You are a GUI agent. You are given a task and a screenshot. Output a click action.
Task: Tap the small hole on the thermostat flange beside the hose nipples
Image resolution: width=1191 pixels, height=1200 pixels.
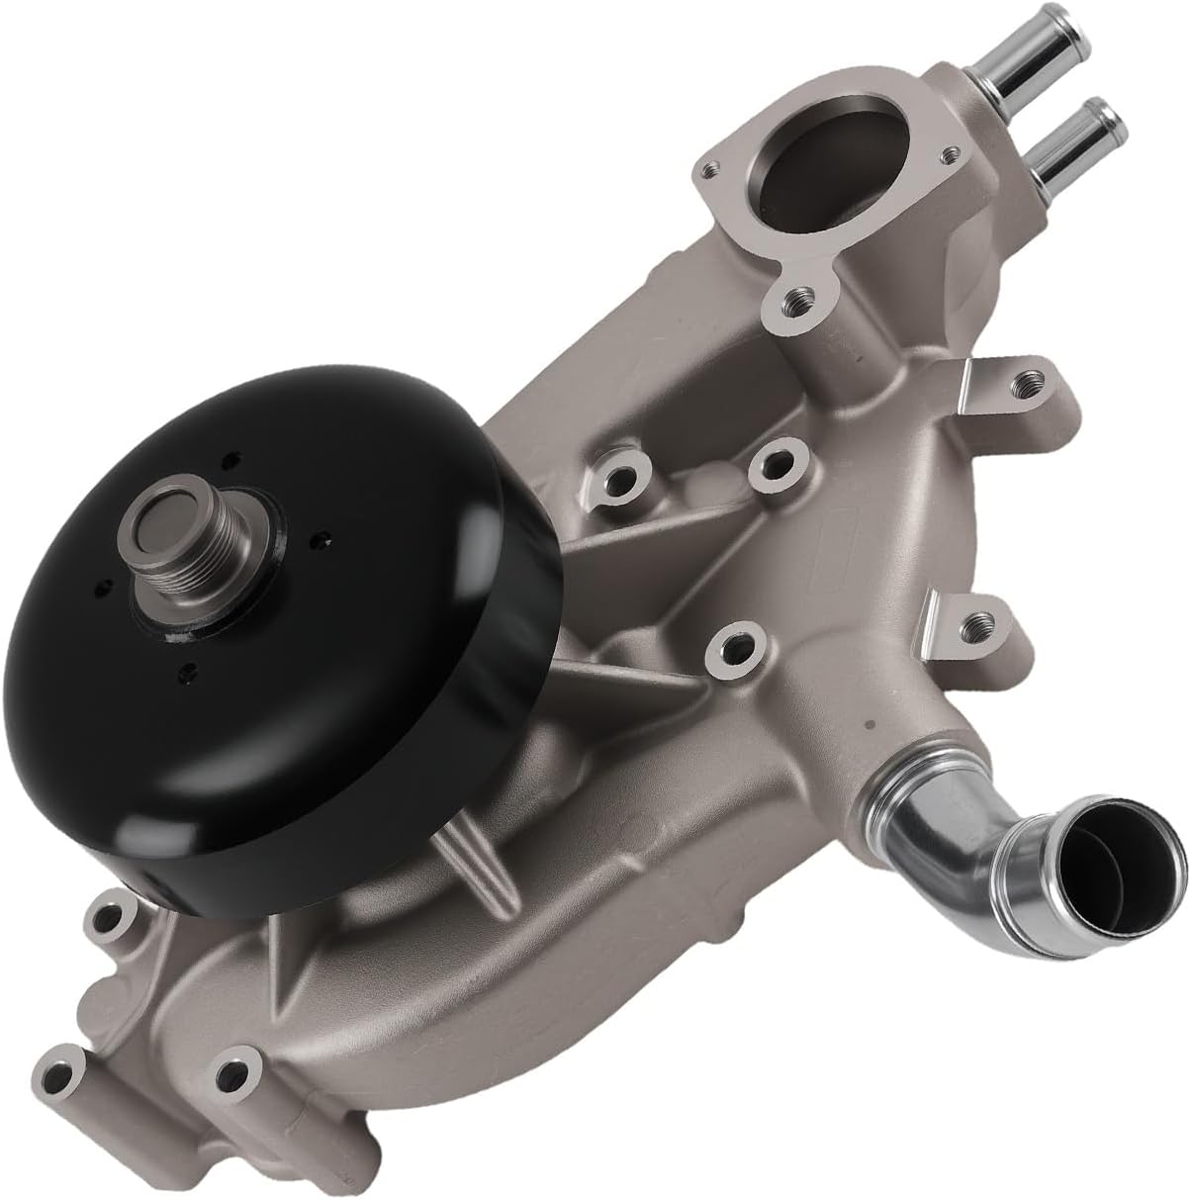(x=950, y=154)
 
